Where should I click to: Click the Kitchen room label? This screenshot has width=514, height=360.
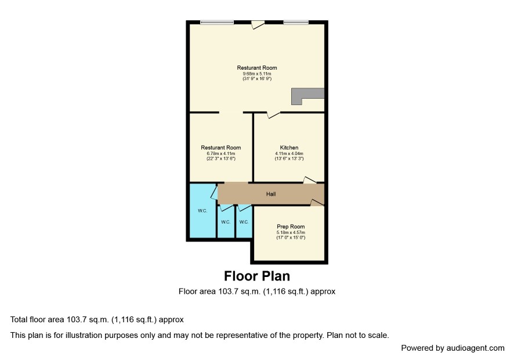[289, 147]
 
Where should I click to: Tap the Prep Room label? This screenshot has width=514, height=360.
[291, 227]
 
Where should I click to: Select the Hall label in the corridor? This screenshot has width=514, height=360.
[271, 195]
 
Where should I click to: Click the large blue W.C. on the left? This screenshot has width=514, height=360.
[202, 211]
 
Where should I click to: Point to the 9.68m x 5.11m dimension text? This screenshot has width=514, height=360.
[257, 74]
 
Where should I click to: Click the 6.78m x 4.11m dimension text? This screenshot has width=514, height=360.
[221, 154]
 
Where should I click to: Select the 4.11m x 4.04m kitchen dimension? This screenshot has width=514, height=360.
[289, 154]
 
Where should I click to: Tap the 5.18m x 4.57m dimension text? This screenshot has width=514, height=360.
[291, 233]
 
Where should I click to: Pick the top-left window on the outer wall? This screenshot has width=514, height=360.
[217, 22]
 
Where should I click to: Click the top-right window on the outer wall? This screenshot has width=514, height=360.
[296, 22]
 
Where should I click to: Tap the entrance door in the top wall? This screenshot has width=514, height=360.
[258, 24]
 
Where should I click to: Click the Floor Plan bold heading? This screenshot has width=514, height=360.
[257, 276]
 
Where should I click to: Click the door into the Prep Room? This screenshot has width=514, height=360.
[317, 203]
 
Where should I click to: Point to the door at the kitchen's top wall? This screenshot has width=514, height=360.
[273, 114]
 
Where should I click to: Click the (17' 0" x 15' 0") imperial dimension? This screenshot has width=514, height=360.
[291, 237]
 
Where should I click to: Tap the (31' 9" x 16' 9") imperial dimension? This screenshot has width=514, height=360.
[257, 79]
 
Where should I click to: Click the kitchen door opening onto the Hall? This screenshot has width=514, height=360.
[310, 180]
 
